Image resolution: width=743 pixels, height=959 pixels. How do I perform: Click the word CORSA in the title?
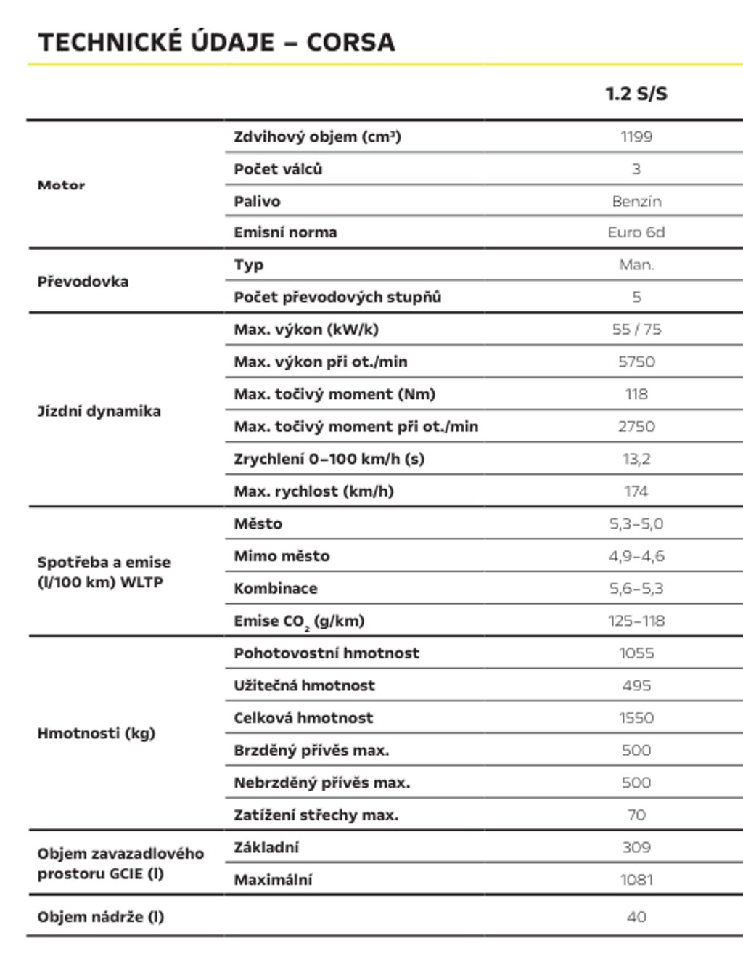(350, 42)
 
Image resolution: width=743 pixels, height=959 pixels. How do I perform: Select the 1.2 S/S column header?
(636, 94)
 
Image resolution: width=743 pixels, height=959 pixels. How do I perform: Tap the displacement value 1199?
(636, 136)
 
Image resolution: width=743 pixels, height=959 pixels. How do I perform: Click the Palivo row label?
(257, 201)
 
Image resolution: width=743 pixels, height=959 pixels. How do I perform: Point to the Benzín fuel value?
(636, 201)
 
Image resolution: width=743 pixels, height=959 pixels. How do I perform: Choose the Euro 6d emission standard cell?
(636, 232)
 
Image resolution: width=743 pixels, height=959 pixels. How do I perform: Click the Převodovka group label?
(83, 282)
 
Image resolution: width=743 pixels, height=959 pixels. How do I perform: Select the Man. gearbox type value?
(636, 265)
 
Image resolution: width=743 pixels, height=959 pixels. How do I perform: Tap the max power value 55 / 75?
(636, 330)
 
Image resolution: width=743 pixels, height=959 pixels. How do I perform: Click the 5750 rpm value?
(636, 362)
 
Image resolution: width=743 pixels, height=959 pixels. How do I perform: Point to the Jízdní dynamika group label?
(99, 411)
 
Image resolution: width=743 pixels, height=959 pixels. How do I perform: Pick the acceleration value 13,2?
(636, 459)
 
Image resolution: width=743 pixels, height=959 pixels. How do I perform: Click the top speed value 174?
(636, 491)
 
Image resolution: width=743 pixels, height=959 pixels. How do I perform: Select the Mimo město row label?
(282, 556)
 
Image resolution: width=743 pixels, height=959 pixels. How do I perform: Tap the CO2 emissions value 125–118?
(636, 621)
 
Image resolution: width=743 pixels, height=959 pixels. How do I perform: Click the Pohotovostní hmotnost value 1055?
(636, 653)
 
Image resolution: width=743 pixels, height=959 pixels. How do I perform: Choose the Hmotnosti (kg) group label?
(96, 733)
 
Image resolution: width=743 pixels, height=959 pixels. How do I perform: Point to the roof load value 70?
(636, 815)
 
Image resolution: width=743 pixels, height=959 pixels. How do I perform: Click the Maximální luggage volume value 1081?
(636, 880)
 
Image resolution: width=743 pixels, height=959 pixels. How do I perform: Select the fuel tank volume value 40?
(636, 917)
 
